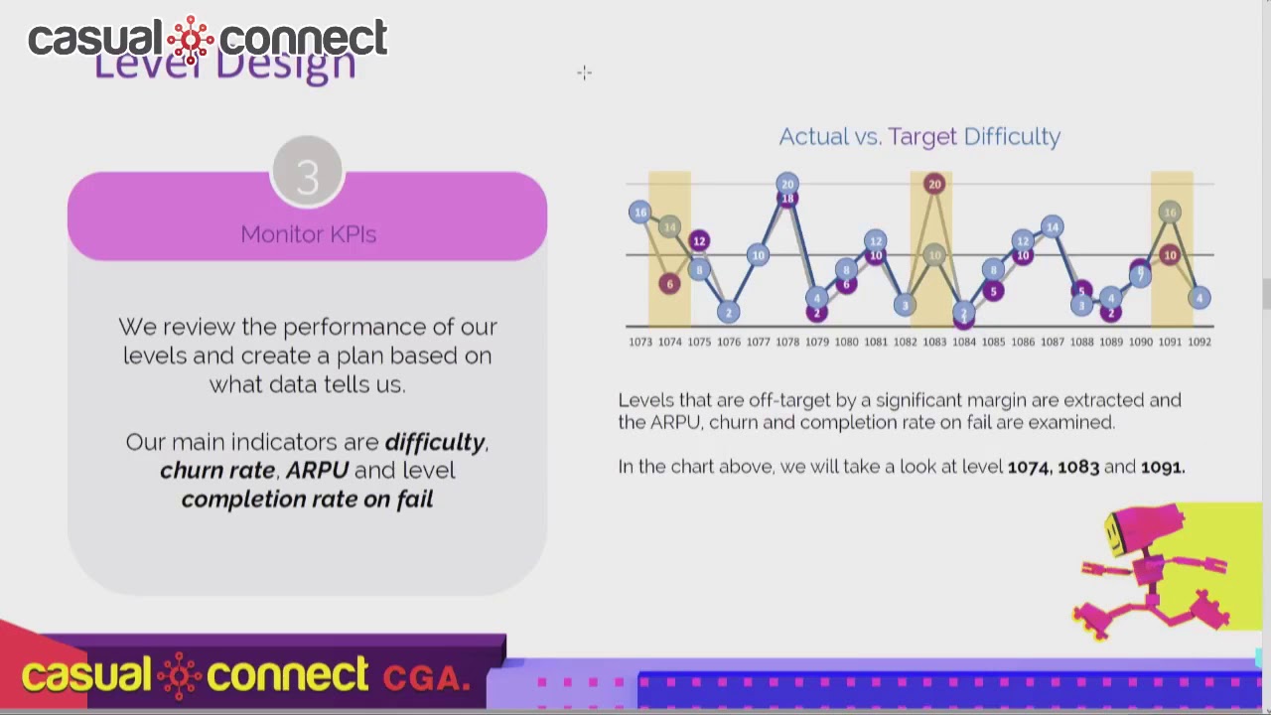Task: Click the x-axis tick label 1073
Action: pos(640,342)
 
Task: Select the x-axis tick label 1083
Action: pos(934,342)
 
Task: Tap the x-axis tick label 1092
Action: pos(1200,342)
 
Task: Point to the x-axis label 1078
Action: pos(787,342)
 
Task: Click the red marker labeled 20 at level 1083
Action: pos(933,184)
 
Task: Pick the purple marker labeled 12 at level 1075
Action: pos(699,240)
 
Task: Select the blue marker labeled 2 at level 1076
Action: pos(728,313)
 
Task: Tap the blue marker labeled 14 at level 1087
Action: pos(1052,227)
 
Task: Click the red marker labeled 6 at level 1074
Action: pos(669,284)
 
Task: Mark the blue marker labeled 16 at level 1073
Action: pos(640,212)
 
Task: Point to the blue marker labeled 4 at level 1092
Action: pos(1200,298)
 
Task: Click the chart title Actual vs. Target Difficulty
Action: pos(919,136)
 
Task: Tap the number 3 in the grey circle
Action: pos(307,176)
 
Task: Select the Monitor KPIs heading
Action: pos(308,234)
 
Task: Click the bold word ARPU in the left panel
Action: pos(317,470)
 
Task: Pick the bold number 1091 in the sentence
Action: pos(1162,467)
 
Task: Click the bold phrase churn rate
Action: pos(217,470)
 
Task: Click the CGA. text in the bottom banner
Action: pos(426,678)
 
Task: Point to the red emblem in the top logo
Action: pos(191,39)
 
